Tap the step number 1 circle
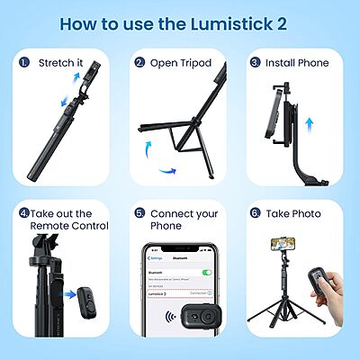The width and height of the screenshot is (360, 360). pos(23,63)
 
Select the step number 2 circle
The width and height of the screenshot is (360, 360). pos(139,63)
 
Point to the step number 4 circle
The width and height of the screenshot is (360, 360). pos(23,213)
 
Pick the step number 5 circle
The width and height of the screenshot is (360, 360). pos(139,214)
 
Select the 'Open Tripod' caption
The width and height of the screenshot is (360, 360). pos(182,63)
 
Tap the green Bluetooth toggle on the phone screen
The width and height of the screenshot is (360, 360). pos(207,270)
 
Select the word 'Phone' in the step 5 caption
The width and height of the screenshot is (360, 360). pos(166,225)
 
